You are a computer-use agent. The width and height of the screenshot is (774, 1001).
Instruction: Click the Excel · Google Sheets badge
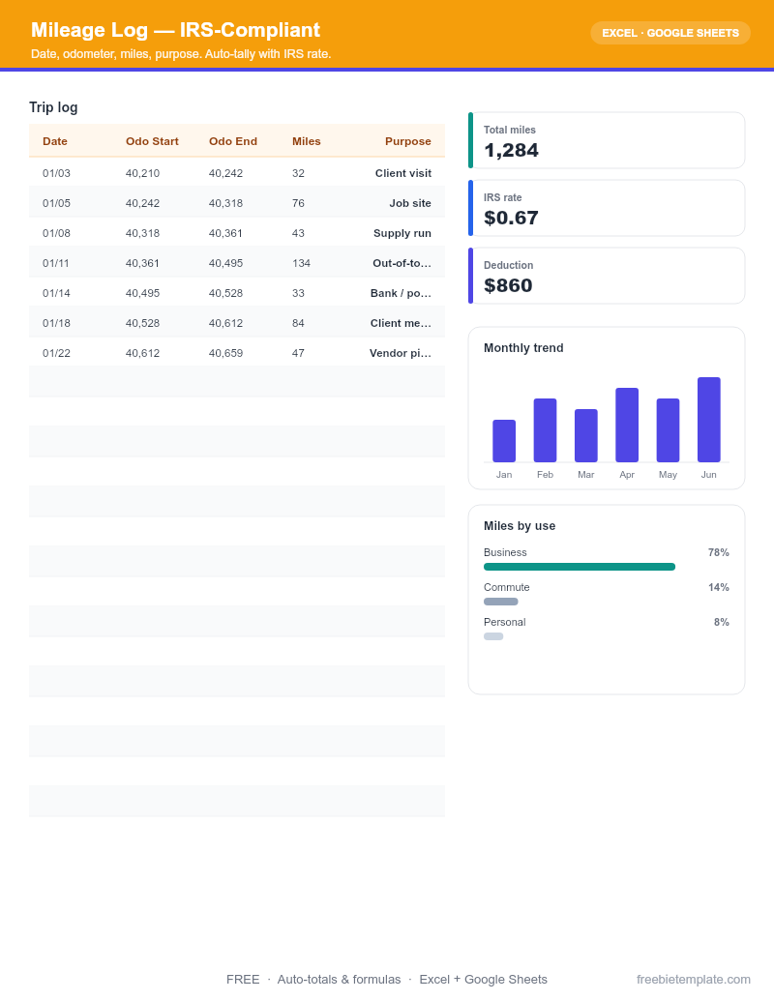(670, 33)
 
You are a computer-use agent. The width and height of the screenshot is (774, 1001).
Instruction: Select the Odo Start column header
(152, 142)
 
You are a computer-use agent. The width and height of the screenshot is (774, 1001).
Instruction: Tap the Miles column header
(307, 142)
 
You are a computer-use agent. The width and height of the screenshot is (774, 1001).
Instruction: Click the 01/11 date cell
(55, 263)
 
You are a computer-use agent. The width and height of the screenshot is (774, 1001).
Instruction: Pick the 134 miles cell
(302, 263)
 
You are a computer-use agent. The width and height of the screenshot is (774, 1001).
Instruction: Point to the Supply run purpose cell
(402, 233)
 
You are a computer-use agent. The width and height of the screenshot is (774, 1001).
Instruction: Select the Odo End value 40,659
(226, 353)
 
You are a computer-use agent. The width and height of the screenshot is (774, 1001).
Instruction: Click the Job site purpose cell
(410, 203)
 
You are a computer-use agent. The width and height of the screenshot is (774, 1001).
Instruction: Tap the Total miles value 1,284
(512, 151)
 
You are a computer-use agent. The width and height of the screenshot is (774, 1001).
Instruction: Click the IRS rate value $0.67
(512, 219)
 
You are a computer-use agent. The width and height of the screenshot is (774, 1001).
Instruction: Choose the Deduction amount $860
(508, 286)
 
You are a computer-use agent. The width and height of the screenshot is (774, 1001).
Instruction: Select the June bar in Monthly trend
(709, 420)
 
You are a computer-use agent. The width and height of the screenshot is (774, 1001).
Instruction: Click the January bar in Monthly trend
(504, 440)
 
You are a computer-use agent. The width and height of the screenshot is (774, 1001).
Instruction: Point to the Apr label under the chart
(627, 475)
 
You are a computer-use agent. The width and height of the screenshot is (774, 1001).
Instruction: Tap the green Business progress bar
(580, 567)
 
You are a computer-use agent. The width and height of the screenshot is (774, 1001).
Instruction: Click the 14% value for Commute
(719, 587)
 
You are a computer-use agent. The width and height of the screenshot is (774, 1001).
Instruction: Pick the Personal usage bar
(493, 636)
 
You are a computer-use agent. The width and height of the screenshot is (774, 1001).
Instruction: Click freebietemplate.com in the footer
(694, 980)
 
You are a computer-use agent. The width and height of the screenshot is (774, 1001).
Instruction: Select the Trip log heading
(53, 107)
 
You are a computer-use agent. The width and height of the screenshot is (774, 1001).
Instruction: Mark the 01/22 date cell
(56, 353)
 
